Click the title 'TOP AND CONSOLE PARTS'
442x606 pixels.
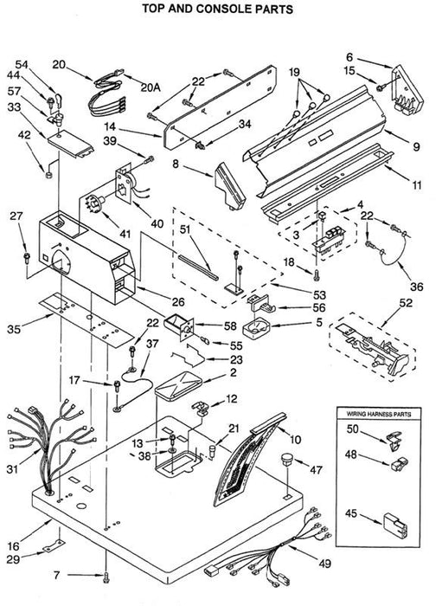click(218, 9)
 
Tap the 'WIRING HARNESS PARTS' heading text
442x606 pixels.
click(378, 414)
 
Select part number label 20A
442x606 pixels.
click(151, 87)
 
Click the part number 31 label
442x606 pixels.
click(12, 469)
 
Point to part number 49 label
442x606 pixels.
click(324, 564)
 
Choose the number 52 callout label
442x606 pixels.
click(406, 303)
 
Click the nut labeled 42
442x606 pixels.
click(49, 175)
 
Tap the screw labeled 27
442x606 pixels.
click(27, 257)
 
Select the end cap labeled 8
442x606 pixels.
click(230, 186)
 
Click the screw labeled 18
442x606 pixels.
click(317, 274)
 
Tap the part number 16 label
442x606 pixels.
click(13, 546)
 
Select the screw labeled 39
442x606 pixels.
click(150, 158)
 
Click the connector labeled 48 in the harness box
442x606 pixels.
click(400, 464)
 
